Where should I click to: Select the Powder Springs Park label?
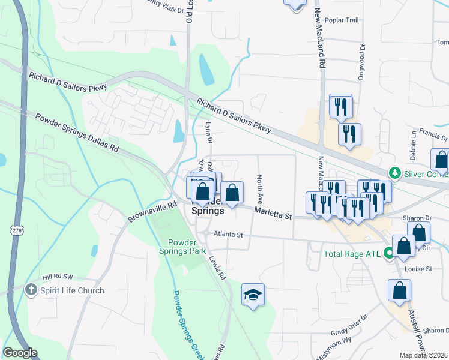click(187, 247)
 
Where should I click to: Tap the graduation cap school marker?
click(253, 294)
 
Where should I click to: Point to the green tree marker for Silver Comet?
click(394, 173)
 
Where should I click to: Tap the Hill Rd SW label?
click(58, 277)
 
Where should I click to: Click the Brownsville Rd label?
click(152, 212)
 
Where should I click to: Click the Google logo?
click(20, 353)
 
